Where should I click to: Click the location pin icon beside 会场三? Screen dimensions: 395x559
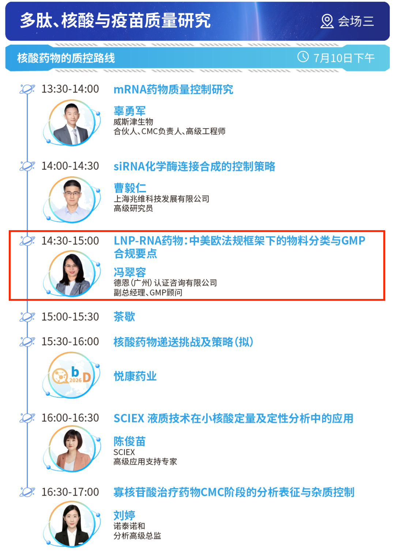click(x=327, y=21)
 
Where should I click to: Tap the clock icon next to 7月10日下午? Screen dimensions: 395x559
click(x=303, y=57)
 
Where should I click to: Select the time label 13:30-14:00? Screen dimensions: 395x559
click(x=70, y=89)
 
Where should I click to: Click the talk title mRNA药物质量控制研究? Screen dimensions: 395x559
click(x=173, y=90)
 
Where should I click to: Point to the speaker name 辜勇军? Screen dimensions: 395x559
click(x=129, y=111)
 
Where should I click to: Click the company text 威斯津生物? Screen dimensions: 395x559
click(x=133, y=122)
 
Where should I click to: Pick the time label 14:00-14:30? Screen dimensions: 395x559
click(x=70, y=166)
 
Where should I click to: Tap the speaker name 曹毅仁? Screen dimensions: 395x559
click(x=130, y=188)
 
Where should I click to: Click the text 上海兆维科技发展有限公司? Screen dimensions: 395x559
click(x=161, y=199)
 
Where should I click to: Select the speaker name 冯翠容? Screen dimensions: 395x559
click(x=130, y=272)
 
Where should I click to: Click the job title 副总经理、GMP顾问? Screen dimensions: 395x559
click(x=148, y=292)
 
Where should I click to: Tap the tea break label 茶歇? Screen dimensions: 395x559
click(x=124, y=317)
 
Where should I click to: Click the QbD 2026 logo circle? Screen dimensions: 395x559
click(x=72, y=375)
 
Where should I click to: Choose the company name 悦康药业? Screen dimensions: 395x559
click(x=135, y=376)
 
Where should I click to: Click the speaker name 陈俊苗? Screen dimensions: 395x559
click(x=129, y=442)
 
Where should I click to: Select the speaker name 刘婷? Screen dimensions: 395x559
click(x=124, y=515)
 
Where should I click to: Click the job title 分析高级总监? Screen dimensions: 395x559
click(x=137, y=536)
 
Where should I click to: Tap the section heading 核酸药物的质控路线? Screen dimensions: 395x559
click(x=66, y=58)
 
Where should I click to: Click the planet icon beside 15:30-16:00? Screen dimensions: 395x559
click(x=27, y=342)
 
